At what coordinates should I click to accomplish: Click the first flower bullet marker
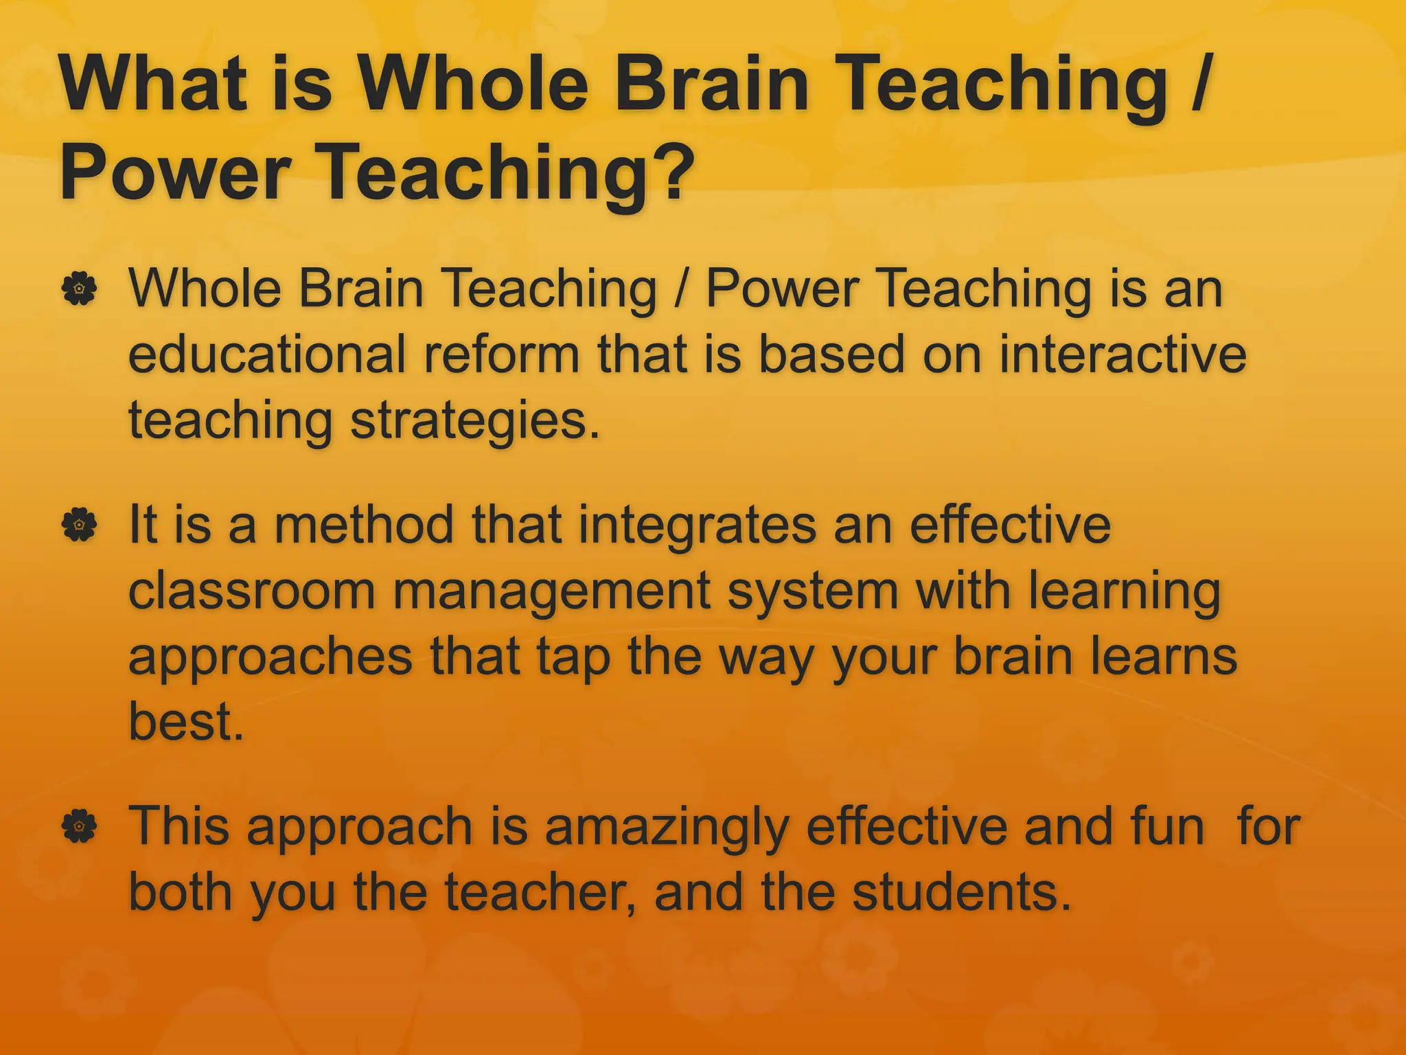tap(80, 289)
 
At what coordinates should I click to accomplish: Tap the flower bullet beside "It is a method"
tap(80, 525)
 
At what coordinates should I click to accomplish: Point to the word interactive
tap(1122, 354)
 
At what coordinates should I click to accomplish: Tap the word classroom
tap(251, 591)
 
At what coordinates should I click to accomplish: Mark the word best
tap(186, 722)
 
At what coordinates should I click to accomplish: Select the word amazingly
tap(666, 828)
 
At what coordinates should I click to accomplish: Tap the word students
tap(961, 892)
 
